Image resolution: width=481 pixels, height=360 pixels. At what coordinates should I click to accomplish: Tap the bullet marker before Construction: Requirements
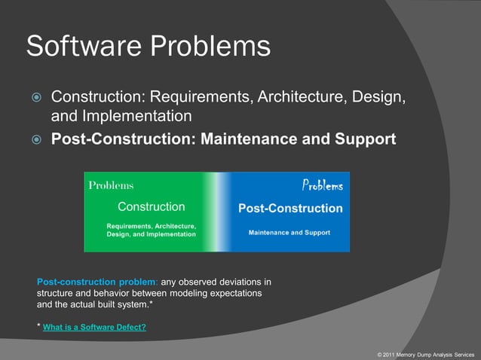click(35, 99)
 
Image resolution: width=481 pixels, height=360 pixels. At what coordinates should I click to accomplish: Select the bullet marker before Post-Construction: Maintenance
click(35, 140)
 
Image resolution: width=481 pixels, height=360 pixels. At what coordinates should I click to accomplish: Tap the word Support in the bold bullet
click(366, 139)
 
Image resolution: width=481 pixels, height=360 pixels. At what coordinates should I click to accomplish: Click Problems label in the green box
click(111, 185)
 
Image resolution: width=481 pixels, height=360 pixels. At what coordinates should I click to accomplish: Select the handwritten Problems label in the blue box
click(322, 185)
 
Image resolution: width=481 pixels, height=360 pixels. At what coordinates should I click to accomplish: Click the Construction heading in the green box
click(151, 206)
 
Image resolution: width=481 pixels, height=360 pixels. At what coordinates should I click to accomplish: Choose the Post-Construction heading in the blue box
click(290, 209)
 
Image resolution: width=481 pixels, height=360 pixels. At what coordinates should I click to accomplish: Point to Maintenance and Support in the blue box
click(290, 233)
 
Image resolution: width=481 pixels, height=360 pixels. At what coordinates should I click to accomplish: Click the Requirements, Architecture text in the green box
click(151, 226)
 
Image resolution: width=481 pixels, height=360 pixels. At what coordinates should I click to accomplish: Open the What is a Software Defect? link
click(94, 328)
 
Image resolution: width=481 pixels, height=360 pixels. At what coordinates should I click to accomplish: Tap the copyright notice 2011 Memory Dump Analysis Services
click(426, 353)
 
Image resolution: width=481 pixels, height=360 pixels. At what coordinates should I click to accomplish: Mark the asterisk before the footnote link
click(38, 326)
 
